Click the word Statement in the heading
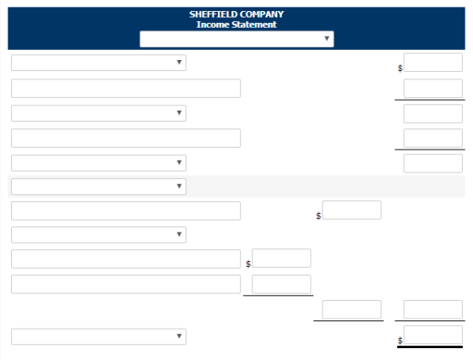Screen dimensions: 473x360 [x=253, y=25]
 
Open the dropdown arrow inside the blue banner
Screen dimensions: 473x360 [x=327, y=39]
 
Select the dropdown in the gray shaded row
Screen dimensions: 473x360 [x=99, y=187]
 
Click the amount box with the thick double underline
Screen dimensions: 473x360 [x=432, y=335]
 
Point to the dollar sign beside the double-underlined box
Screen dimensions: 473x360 [x=400, y=341]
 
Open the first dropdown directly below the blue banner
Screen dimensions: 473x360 [x=99, y=63]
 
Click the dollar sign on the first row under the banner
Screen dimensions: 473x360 [x=400, y=68]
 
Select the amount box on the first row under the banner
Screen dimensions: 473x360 [x=432, y=63]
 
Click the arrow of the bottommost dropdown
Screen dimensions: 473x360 [x=179, y=335]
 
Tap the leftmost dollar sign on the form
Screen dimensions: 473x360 [x=248, y=264]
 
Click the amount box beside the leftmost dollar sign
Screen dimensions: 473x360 [x=281, y=259]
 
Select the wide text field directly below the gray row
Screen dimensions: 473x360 [x=126, y=210]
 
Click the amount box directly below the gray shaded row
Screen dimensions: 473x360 [x=351, y=210]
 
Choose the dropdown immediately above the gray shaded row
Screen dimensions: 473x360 [x=99, y=163]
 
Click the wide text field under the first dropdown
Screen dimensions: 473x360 [x=126, y=89]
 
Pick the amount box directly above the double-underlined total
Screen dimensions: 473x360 [x=432, y=309]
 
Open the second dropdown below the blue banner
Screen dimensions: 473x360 [x=99, y=113]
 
